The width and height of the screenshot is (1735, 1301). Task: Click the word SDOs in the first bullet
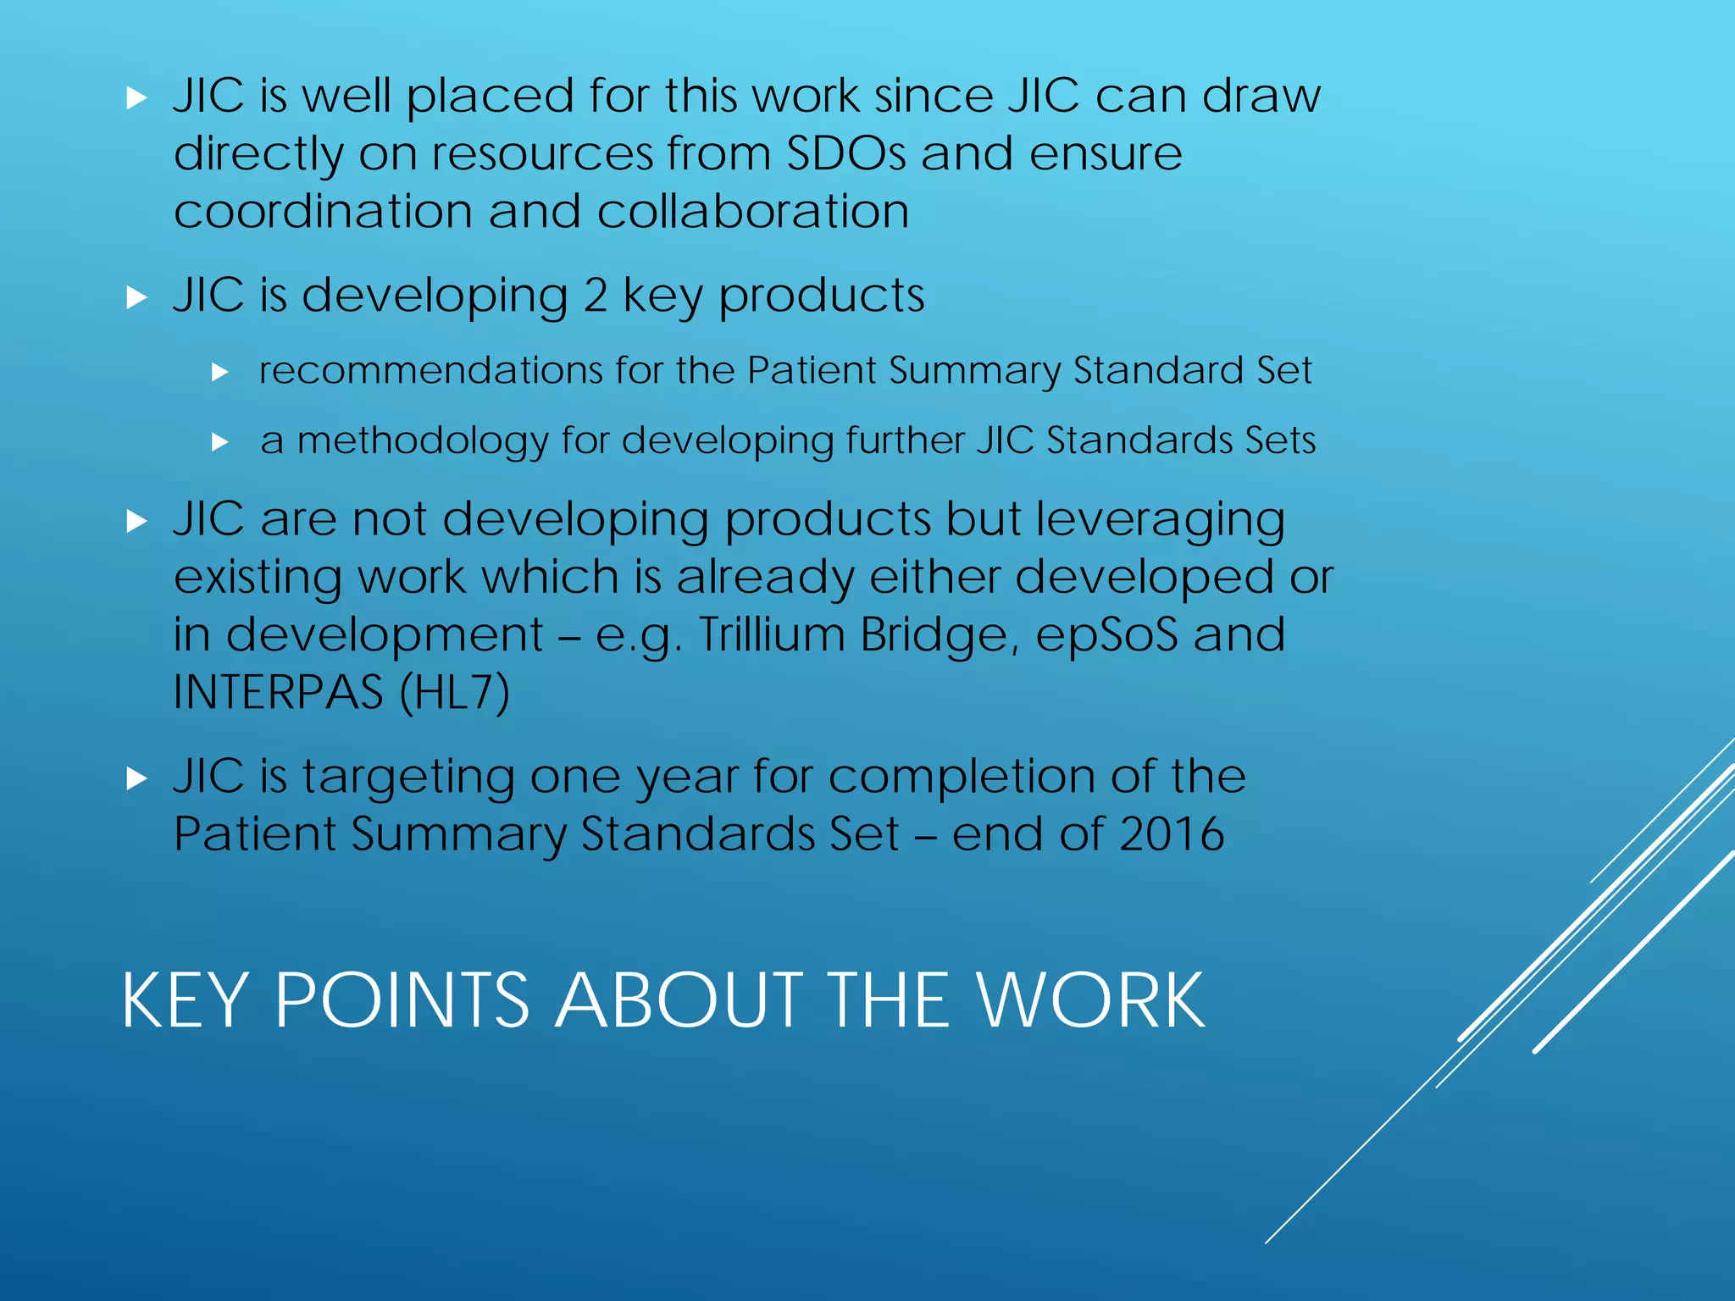(846, 153)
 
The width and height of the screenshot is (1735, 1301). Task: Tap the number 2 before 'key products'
(595, 296)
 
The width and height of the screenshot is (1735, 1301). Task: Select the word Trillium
(771, 634)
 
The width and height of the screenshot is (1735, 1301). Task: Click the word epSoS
(1106, 634)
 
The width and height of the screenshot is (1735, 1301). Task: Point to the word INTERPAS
(278, 692)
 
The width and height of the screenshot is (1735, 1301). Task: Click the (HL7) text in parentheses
(455, 692)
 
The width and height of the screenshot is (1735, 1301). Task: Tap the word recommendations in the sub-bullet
(430, 371)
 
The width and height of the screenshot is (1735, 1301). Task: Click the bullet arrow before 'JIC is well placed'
(136, 99)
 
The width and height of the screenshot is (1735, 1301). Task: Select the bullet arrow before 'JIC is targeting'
(136, 778)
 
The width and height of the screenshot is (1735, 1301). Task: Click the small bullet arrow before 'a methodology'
(220, 441)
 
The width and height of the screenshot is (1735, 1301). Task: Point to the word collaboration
(753, 211)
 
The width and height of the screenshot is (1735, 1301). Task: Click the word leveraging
(1160, 519)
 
